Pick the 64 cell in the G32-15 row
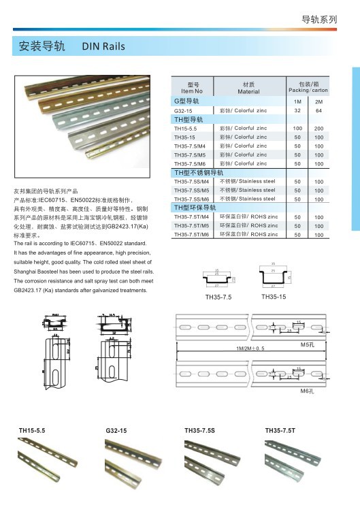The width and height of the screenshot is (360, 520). pyautogui.click(x=319, y=110)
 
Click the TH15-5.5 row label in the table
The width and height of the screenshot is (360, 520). pyautogui.click(x=185, y=128)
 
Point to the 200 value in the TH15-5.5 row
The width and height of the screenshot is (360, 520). pyautogui.click(x=319, y=128)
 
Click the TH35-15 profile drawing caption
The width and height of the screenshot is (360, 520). pyautogui.click(x=274, y=296)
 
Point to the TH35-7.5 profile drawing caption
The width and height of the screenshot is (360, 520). pyautogui.click(x=218, y=297)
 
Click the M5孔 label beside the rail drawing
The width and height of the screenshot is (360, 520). pyautogui.click(x=308, y=346)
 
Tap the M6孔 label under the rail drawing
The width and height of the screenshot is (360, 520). pyautogui.click(x=307, y=393)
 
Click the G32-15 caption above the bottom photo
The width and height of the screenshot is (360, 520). pyautogui.click(x=116, y=431)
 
